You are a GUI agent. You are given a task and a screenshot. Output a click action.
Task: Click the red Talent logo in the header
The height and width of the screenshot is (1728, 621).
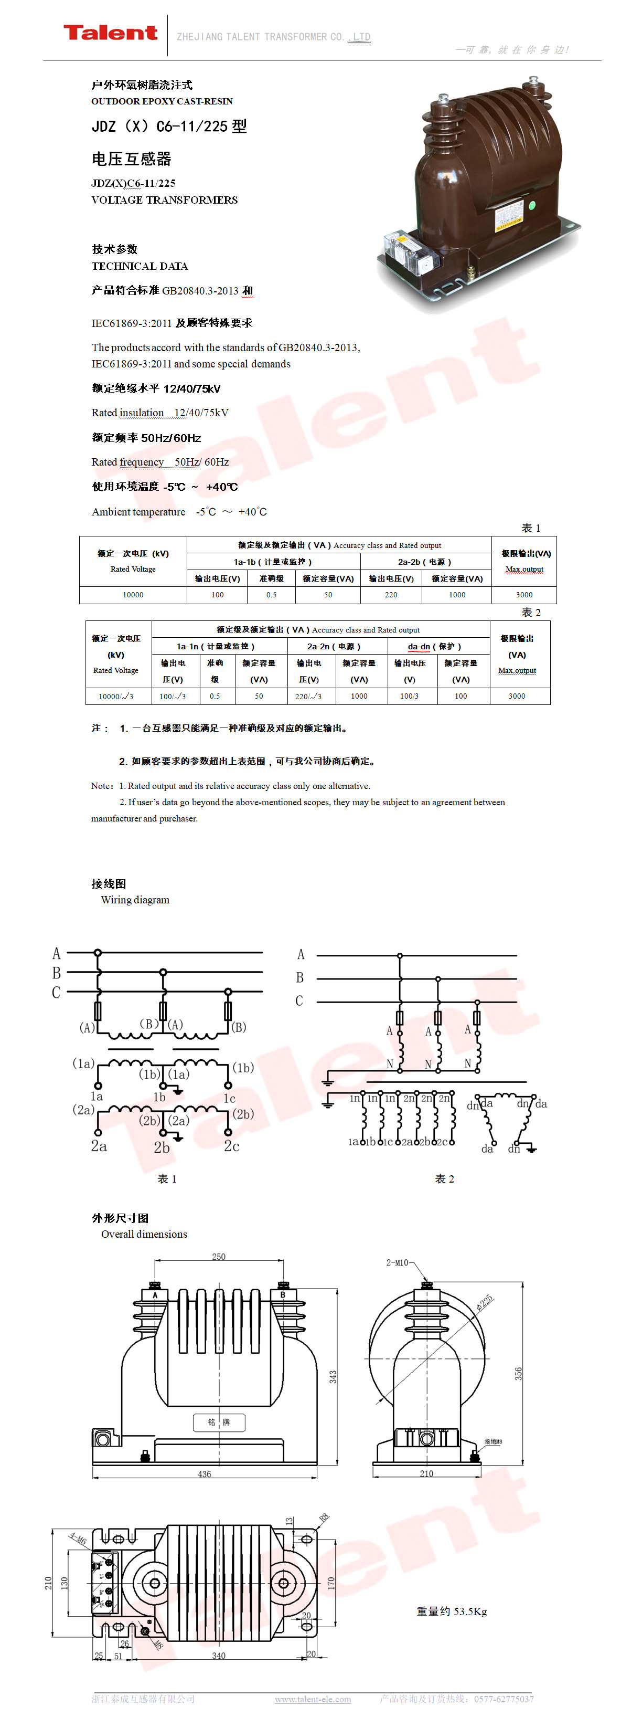point(110,33)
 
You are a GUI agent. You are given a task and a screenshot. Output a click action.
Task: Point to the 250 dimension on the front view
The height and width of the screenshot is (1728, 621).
point(219,1257)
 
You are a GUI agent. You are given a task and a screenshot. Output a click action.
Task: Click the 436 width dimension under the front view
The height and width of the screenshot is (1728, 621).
point(205,1474)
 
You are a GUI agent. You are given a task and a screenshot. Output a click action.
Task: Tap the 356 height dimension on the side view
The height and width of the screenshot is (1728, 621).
point(518,1374)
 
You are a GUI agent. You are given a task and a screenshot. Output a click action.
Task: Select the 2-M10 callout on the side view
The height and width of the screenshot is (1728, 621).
point(397,1262)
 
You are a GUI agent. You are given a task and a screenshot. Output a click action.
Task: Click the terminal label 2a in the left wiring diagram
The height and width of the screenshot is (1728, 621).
point(99,1146)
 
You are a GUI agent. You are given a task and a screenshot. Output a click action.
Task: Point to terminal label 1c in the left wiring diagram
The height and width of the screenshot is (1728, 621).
point(229,1098)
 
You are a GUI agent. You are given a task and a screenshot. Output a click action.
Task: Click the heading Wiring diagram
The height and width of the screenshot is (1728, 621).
point(135,900)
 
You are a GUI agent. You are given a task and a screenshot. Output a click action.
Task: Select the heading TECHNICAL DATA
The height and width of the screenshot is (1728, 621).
point(140,266)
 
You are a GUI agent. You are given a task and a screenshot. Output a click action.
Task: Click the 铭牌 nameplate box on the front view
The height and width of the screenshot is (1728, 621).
point(219,1422)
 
